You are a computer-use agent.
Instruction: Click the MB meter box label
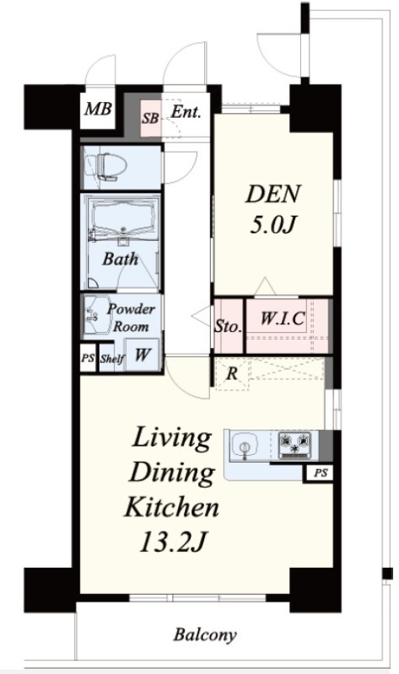click(98, 109)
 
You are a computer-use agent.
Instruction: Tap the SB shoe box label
click(150, 118)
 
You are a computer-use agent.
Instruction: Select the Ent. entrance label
click(186, 112)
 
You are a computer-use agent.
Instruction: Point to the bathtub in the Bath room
click(122, 217)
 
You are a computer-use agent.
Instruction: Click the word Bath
click(121, 259)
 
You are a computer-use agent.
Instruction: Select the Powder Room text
click(131, 318)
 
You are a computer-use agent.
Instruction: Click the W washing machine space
click(142, 355)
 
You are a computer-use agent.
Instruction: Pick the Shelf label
click(112, 358)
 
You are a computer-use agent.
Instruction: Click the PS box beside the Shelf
click(88, 357)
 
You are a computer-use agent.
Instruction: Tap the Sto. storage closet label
click(228, 327)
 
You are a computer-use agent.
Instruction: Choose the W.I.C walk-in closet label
click(283, 318)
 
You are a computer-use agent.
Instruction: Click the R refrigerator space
click(232, 373)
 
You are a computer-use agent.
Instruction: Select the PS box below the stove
click(321, 473)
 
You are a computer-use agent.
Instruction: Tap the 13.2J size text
click(171, 542)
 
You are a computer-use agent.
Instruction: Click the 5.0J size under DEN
click(272, 224)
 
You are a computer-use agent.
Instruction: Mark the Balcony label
click(205, 635)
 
